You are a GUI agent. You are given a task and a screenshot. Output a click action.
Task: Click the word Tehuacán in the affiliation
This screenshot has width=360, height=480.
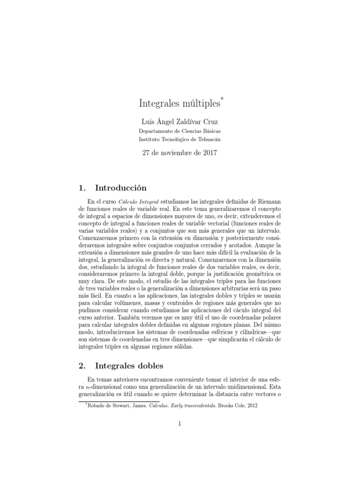pyautogui.click(x=206, y=139)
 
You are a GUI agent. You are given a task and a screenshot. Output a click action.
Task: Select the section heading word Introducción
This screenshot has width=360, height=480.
pyautogui.click(x=121, y=188)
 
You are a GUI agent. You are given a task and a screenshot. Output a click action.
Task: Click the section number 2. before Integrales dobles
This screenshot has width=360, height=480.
pyautogui.click(x=80, y=364)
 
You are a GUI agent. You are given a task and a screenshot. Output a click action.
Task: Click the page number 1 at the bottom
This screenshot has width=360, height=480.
pyautogui.click(x=180, y=424)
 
